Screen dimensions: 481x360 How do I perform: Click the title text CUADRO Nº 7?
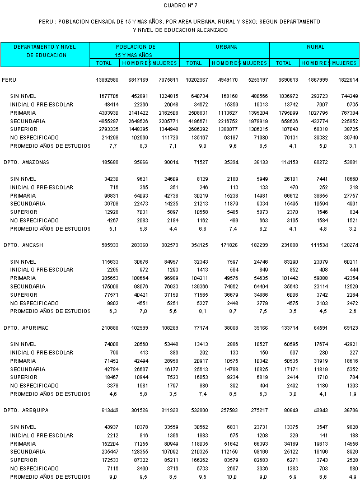tap(180, 5)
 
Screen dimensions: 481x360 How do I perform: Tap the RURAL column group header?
tap(316, 48)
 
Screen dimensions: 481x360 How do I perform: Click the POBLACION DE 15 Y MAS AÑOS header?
tap(135, 52)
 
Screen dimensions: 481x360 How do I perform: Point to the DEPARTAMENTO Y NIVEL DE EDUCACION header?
tap(44, 51)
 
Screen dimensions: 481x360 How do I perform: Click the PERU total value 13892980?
tap(107, 80)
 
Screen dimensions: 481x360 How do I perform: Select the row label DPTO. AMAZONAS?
tap(26, 162)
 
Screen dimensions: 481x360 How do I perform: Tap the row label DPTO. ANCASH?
tap(22, 245)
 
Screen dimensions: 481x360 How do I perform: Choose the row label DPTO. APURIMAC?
tap(25, 328)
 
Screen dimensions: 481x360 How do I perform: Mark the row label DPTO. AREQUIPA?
tap(25, 411)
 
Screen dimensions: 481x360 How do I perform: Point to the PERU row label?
tap(9, 80)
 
